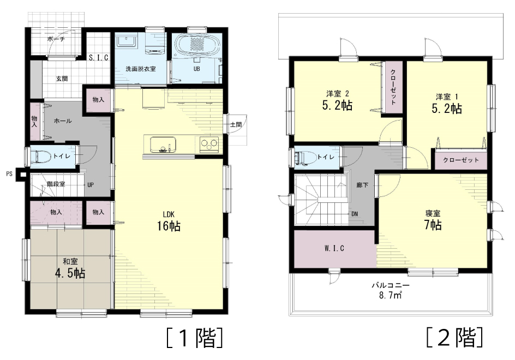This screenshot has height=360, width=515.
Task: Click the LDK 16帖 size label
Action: click(169, 221)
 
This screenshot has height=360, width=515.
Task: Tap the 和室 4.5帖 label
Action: click(70, 268)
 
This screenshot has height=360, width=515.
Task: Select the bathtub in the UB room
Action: click(193, 45)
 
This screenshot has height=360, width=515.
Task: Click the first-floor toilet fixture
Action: click(40, 155)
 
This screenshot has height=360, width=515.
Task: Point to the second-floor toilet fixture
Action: click(304, 157)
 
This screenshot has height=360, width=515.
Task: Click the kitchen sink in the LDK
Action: click(163, 145)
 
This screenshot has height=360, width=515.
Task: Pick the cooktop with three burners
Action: click(209, 144)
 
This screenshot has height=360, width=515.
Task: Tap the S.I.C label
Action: click(99, 58)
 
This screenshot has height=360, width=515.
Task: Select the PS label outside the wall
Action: click(9, 173)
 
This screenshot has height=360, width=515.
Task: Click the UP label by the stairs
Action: click(91, 185)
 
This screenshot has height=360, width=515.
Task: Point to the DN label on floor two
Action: click(355, 214)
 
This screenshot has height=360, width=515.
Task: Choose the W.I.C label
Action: click(334, 248)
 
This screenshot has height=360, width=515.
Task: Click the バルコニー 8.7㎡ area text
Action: click(391, 290)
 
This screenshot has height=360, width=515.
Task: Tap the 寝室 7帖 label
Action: click(433, 219)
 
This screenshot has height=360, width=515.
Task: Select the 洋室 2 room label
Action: click(338, 94)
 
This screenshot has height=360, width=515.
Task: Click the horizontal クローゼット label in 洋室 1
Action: click(460, 160)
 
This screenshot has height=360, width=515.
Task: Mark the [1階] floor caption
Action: click(195, 338)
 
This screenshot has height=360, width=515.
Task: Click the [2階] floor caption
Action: click(455, 337)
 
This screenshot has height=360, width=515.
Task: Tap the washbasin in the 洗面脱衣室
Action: click(126, 41)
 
